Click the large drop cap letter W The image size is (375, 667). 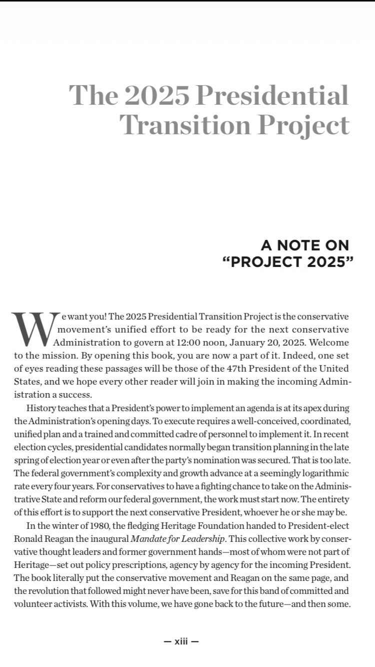(x=33, y=329)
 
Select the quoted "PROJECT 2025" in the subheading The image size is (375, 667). (x=285, y=262)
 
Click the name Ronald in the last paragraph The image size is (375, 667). (x=28, y=538)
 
